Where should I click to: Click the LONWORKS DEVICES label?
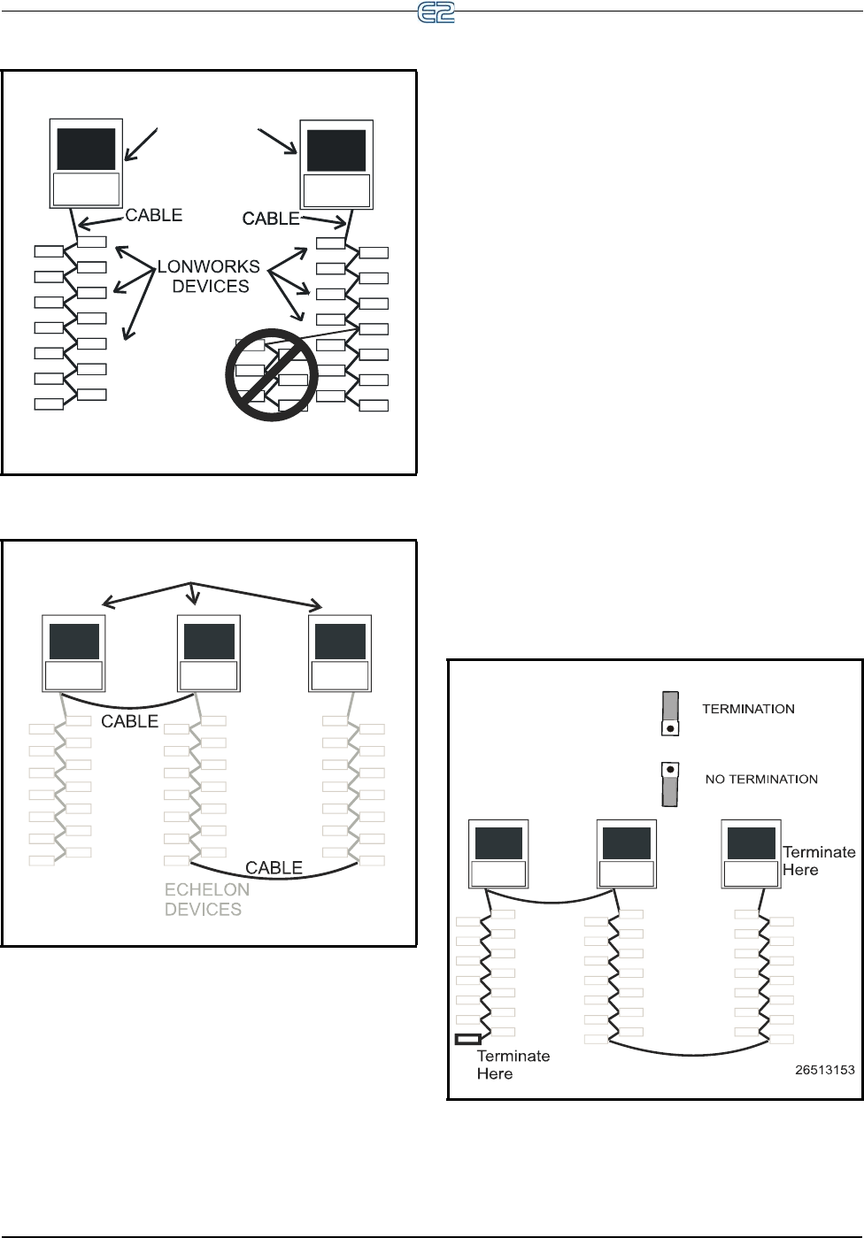[210, 276]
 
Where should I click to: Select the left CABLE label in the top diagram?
[154, 215]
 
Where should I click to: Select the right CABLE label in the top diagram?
[271, 218]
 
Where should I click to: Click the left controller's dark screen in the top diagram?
[86, 149]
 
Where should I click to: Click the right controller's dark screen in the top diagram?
[336, 150]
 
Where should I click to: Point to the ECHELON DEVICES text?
[207, 899]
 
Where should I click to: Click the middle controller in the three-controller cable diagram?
[209, 655]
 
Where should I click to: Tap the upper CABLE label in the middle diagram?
[129, 721]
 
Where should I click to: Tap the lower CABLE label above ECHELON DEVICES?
[274, 867]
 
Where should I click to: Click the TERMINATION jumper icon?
[670, 713]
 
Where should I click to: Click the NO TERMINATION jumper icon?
[670, 784]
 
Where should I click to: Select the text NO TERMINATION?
[760, 780]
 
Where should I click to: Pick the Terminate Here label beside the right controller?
[819, 860]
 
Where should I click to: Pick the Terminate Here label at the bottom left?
[513, 1065]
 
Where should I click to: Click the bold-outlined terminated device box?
[467, 1039]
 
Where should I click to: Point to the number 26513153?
[824, 1069]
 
